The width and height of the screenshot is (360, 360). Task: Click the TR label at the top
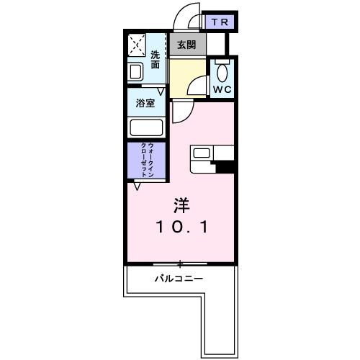220,22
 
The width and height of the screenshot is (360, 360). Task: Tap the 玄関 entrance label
186,45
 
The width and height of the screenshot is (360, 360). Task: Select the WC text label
221,91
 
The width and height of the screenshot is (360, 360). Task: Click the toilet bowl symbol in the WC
222,72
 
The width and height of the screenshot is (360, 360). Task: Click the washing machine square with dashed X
137,46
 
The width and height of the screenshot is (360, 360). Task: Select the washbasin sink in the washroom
135,72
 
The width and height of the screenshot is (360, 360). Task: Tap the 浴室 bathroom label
146,103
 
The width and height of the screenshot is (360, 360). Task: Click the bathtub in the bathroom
146,128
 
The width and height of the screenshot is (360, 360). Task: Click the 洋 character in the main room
181,204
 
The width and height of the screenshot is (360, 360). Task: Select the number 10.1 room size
181,228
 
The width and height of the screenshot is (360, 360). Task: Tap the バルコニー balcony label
179,278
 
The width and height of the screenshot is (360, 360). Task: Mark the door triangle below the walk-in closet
137,184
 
